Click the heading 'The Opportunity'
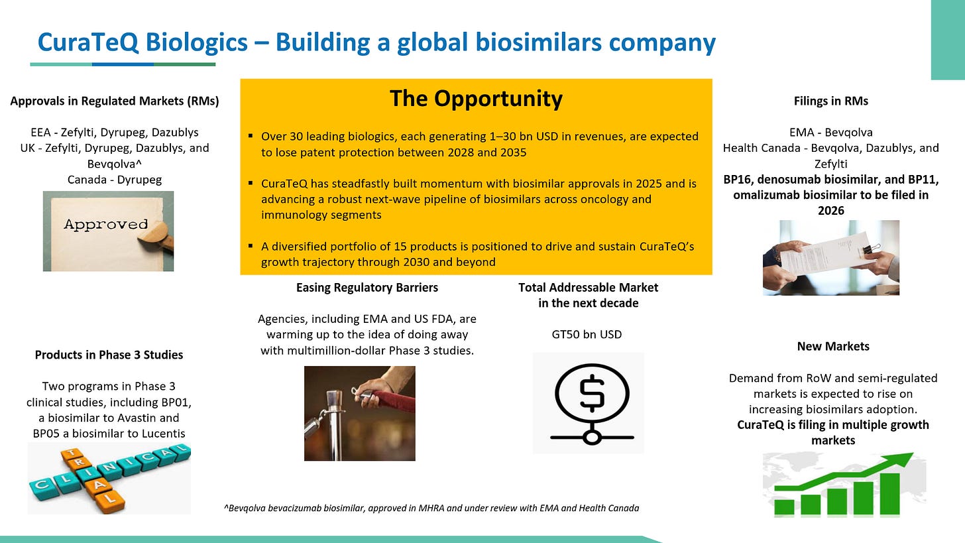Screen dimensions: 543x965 475,99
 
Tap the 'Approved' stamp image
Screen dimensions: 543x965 108,231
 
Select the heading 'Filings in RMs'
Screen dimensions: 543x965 830,101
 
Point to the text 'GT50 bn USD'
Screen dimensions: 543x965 588,334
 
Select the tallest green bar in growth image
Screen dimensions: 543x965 888,494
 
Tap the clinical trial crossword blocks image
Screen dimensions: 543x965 109,479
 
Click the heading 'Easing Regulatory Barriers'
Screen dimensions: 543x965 367,288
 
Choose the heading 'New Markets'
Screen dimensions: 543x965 832,346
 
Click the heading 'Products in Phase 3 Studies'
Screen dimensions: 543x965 109,355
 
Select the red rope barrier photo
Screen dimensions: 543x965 359,413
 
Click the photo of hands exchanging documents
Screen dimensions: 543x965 830,257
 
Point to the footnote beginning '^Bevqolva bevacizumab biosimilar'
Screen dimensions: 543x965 432,509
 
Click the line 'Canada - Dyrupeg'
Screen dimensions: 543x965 114,179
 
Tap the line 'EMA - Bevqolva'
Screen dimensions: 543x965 830,132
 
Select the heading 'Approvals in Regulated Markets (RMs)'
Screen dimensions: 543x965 114,101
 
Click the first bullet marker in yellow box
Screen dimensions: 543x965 251,136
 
